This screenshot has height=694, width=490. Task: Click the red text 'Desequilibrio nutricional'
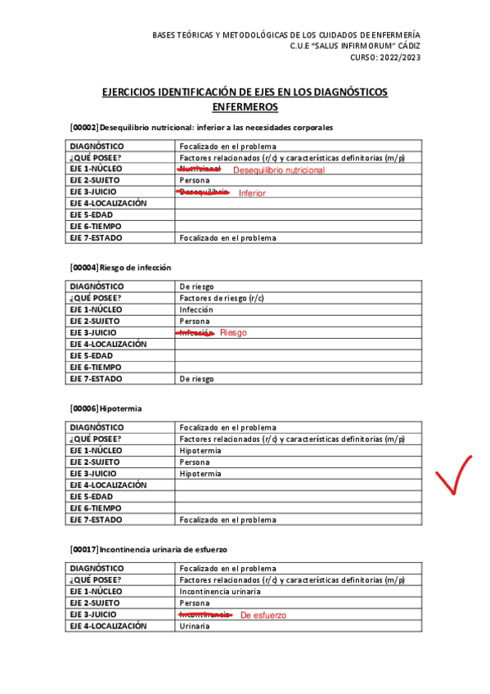coord(279,170)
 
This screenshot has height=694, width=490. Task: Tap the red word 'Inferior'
coord(252,193)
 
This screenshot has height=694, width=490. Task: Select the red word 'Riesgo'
coord(233,333)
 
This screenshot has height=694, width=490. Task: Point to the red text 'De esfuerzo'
coord(263,615)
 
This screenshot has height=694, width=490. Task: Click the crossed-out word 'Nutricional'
coord(200,169)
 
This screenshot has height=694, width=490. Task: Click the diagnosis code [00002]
coord(85,128)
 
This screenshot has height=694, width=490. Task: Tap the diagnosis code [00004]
coord(85,268)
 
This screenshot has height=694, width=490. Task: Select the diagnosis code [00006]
coord(85,408)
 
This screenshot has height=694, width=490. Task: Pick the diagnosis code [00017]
coord(85,549)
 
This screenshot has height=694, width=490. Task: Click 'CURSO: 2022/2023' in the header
coord(385,57)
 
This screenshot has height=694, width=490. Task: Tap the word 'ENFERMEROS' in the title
coord(245,107)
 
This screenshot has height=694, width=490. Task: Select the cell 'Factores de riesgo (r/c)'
coord(222,299)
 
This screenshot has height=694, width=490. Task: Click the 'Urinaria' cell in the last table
coord(195,626)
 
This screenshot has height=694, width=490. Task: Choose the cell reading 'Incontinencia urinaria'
coord(220,591)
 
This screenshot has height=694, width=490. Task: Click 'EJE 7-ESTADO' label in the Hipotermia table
coord(97,520)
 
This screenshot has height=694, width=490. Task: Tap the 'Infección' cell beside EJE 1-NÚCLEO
coord(196,310)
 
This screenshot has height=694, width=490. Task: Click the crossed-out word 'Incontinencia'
coord(205,614)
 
